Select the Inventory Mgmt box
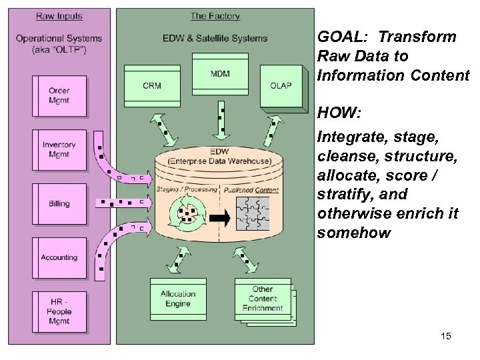[59, 149]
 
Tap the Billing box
[59, 203]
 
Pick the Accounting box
[59, 257]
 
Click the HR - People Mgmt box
[59, 311]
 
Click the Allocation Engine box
[178, 298]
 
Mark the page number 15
[445, 336]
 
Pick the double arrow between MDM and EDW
[219, 119]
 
